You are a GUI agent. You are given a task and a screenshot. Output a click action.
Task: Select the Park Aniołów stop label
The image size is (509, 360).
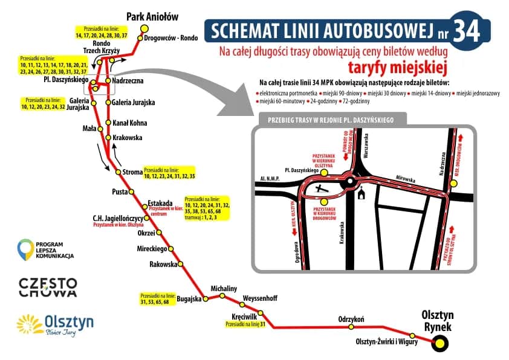pos(152,16)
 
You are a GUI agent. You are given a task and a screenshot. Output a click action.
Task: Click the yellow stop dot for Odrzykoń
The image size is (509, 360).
pos(351,327)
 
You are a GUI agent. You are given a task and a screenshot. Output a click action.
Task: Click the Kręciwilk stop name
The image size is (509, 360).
pos(245,317)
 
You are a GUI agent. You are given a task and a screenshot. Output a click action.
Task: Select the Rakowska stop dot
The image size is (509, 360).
pos(180,264)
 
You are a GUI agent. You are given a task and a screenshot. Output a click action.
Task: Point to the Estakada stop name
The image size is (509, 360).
pos(160,202)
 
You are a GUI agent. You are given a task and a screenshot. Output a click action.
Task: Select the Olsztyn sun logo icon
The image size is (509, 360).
pos(30,325)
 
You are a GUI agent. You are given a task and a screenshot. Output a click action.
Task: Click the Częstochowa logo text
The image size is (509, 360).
pos(48,287)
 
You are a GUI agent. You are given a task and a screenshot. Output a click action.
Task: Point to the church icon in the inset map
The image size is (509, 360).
pos(361,194)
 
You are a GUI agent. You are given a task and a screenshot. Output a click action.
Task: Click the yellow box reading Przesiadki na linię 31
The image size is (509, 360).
pos(245,324)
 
